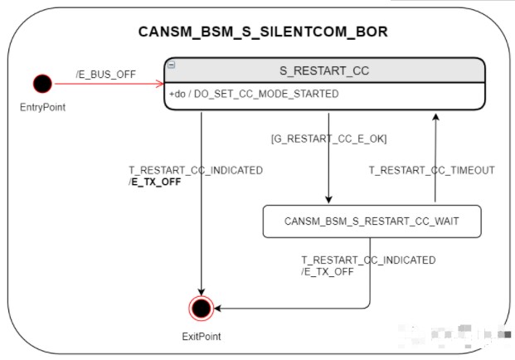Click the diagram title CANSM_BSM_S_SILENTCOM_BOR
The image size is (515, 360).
click(x=262, y=32)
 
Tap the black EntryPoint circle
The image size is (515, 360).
click(x=41, y=83)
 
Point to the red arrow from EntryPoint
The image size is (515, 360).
click(x=108, y=83)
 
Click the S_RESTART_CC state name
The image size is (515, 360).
click(x=323, y=71)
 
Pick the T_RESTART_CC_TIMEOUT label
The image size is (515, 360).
click(x=431, y=170)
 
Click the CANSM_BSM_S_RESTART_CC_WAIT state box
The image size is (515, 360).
click(x=371, y=221)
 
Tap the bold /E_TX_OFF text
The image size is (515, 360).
click(x=155, y=182)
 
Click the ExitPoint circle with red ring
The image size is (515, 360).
click(x=200, y=308)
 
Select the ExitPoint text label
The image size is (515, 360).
click(x=201, y=336)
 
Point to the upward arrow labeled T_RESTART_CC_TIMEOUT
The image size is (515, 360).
click(x=434, y=158)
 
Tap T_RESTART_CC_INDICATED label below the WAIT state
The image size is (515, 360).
click(x=368, y=260)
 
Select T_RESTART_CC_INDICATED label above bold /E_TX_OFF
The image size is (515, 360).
click(x=196, y=170)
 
